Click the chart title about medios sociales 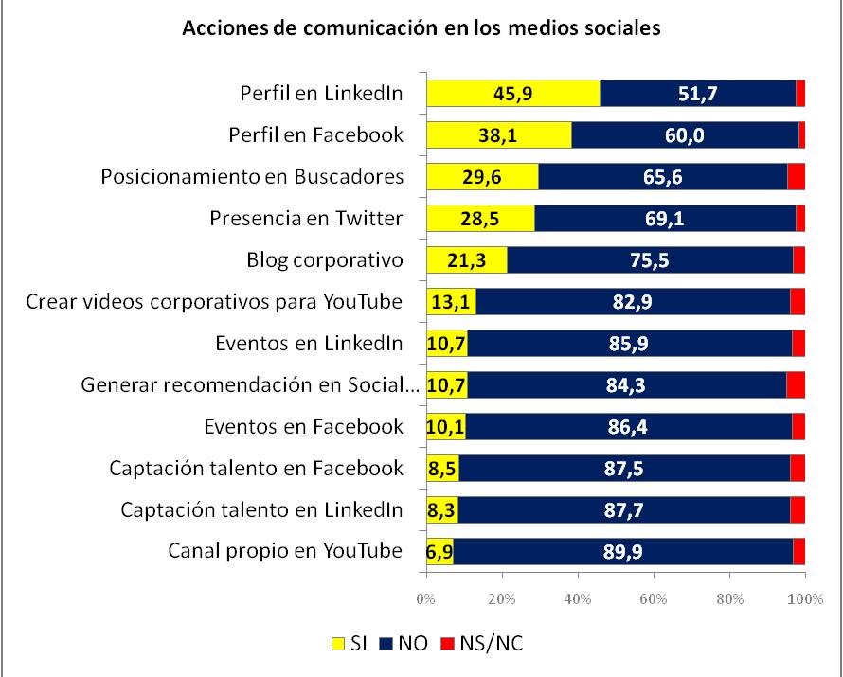[421, 27]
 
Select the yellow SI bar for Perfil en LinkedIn [512, 94]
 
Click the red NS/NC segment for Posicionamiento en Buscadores [796, 177]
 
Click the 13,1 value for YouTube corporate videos [451, 302]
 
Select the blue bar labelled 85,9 [629, 343]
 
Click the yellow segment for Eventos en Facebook [445, 426]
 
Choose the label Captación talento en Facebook [257, 468]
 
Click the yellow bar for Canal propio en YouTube [439, 551]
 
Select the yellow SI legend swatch [336, 644]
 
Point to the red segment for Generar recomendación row [795, 384]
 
